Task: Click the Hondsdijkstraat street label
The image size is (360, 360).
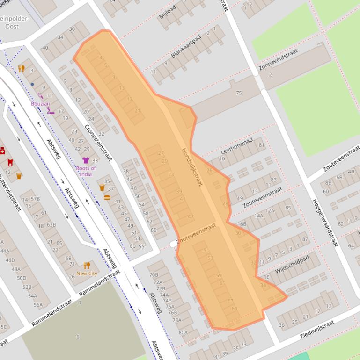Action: coord(192,167)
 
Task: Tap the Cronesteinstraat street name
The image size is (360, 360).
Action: coord(98,143)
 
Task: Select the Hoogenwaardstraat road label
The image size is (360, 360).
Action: coord(325,222)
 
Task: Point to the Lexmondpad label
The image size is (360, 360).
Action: coord(236,146)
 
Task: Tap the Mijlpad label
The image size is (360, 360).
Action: coord(167,10)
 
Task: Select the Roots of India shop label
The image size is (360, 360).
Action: coord(86,171)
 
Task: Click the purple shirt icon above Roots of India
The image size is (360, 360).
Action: coord(86,160)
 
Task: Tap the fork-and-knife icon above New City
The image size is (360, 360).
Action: coord(87,266)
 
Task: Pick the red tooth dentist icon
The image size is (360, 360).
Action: coord(10,163)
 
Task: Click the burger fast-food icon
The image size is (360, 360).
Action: coord(107,197)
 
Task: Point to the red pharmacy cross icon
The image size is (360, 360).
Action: coord(2,151)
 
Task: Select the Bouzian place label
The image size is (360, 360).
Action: coord(40,104)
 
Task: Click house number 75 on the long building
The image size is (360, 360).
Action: coord(239,93)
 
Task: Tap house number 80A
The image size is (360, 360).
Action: coord(183,332)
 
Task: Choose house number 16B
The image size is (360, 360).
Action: coord(241,224)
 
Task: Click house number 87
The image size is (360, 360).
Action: coord(305,239)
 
